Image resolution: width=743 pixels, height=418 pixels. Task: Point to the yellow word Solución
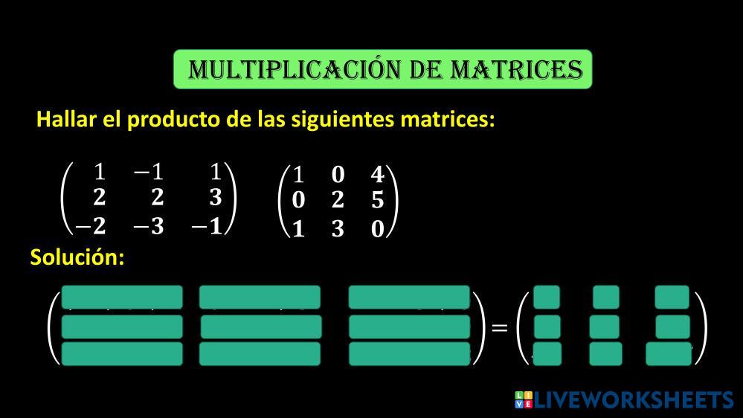point(77,257)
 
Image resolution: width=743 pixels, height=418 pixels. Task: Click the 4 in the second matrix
point(377,175)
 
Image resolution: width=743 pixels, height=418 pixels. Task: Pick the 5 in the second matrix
point(377,202)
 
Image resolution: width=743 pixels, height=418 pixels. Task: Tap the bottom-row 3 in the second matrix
point(338,229)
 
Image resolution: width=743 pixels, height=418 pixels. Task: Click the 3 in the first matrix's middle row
point(215,199)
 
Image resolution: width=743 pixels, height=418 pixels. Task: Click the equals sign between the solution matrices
point(500,327)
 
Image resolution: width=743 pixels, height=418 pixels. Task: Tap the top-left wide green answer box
point(122,297)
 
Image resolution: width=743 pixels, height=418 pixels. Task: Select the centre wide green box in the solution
point(261,327)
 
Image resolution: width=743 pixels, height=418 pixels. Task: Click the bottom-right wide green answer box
point(409,354)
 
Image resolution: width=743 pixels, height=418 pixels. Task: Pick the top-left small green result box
point(547,298)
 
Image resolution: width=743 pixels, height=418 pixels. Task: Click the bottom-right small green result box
point(669,354)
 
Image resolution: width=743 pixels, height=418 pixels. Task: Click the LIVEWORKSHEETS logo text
point(632,400)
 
